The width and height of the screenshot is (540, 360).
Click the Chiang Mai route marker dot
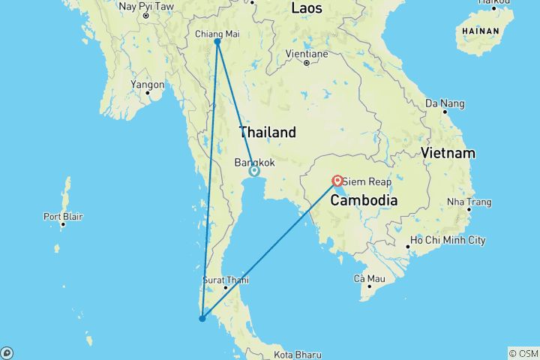pos(217,42)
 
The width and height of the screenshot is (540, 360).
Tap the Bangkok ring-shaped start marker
pos(254,171)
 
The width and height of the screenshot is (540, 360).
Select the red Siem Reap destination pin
pos(337,181)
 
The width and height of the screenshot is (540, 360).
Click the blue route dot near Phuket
pos(202,319)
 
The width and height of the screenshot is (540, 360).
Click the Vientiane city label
pos(307,54)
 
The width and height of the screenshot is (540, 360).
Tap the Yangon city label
pos(147,85)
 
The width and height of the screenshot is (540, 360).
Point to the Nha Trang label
pos(469,202)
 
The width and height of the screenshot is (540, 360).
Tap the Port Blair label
pos(63,217)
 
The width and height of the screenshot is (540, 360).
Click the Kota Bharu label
pos(298,355)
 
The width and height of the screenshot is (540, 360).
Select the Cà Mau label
pos(369,279)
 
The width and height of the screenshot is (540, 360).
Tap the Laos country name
pos(307,9)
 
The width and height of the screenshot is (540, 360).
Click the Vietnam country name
pos(448,153)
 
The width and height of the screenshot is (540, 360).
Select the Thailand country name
pos(267,133)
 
